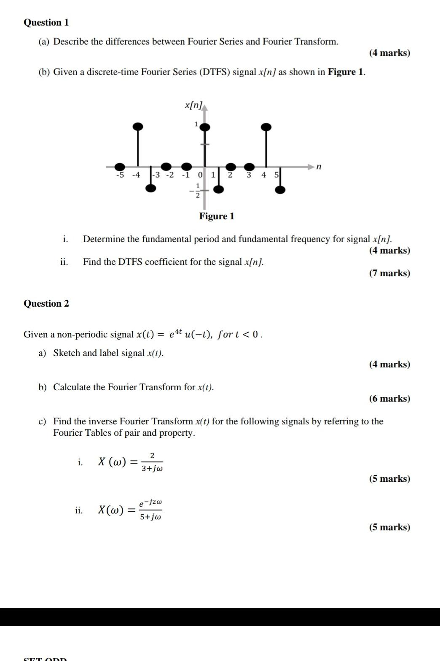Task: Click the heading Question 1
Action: tap(46, 22)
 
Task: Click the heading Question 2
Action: tap(46, 303)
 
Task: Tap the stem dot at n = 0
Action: tap(205, 127)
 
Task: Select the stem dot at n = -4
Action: tap(138, 126)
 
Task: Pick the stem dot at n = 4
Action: tap(266, 127)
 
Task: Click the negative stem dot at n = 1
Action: tap(218, 189)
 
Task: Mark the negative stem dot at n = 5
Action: tap(280, 190)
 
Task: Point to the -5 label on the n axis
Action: tap(120, 175)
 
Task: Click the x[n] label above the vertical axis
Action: tap(193, 105)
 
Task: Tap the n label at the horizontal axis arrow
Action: tap(319, 167)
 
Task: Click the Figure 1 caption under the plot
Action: tap(217, 216)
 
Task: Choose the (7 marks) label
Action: tap(389, 273)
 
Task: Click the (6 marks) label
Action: tap(389, 399)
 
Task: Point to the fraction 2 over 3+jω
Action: tap(152, 462)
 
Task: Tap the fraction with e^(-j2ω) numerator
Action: tap(151, 510)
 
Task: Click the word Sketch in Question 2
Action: tap(66, 353)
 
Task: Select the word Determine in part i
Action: tap(104, 239)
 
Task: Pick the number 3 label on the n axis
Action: tap(249, 175)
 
